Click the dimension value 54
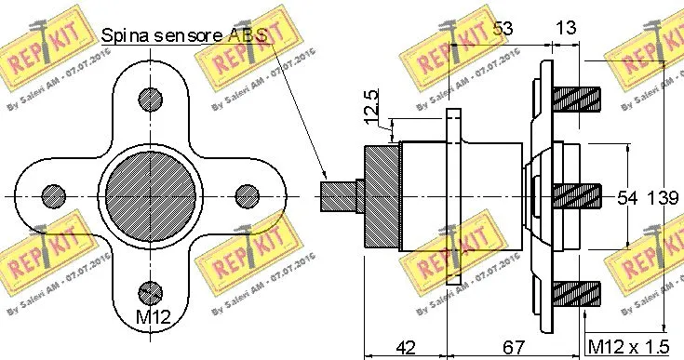(x=628, y=196)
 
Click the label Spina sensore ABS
(x=182, y=37)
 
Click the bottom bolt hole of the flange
(x=149, y=294)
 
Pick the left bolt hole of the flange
(x=51, y=195)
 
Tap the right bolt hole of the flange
(x=247, y=195)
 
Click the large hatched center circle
(x=149, y=195)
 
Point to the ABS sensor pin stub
(x=341, y=194)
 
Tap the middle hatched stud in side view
(x=577, y=195)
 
